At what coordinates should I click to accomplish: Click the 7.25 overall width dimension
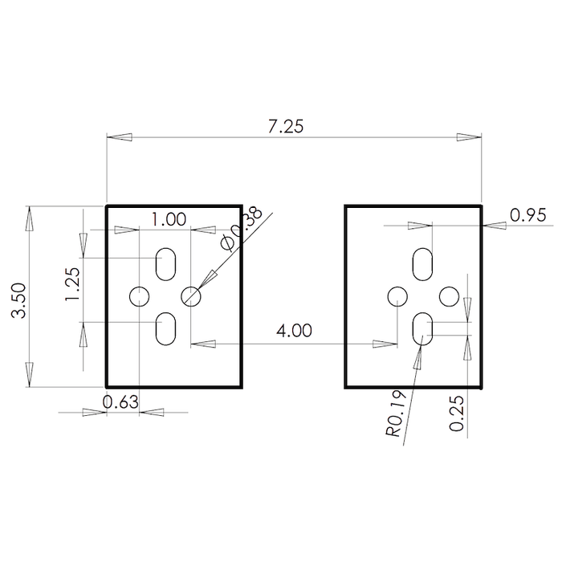[x=286, y=126]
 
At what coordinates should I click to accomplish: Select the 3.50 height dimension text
[x=18, y=300]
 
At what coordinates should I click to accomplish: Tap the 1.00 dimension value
[x=169, y=219]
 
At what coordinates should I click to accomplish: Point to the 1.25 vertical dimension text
[x=72, y=284]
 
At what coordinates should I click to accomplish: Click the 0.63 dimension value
[x=120, y=401]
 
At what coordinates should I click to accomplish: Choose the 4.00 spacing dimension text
[x=294, y=330]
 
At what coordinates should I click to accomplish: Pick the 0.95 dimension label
[x=528, y=215]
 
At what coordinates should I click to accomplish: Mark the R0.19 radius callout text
[x=396, y=413]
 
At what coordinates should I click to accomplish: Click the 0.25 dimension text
[x=457, y=413]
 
